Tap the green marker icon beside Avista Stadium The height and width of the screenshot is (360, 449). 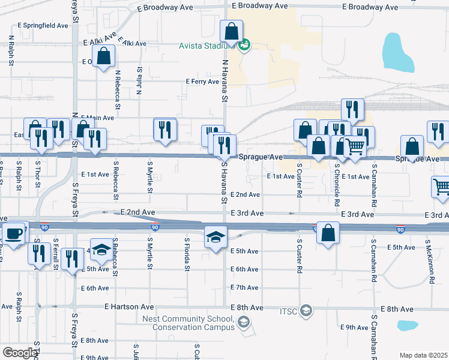[244, 46]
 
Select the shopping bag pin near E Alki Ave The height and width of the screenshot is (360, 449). [104, 56]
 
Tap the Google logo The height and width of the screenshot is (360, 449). [19, 353]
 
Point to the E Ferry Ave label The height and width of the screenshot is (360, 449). [202, 81]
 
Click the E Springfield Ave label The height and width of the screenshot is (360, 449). [43, 26]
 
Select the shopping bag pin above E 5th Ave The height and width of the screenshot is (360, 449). [328, 234]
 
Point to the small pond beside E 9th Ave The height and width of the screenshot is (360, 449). [407, 326]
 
